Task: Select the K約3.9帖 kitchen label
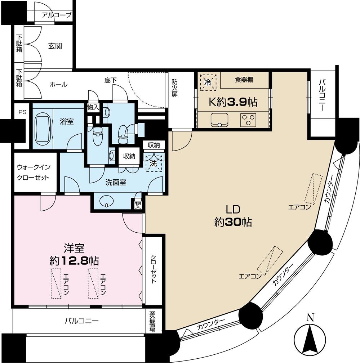[234, 103]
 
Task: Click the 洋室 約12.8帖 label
[75, 254]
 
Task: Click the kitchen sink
[219, 119]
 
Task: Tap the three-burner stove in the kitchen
[248, 119]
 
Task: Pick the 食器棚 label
[244, 80]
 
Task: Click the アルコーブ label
[57, 15]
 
